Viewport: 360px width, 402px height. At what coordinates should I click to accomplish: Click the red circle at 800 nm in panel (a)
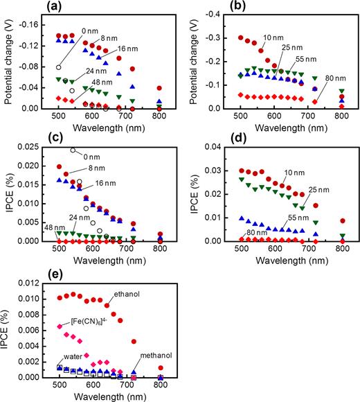159,88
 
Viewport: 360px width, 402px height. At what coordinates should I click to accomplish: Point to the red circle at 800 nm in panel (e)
159,368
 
